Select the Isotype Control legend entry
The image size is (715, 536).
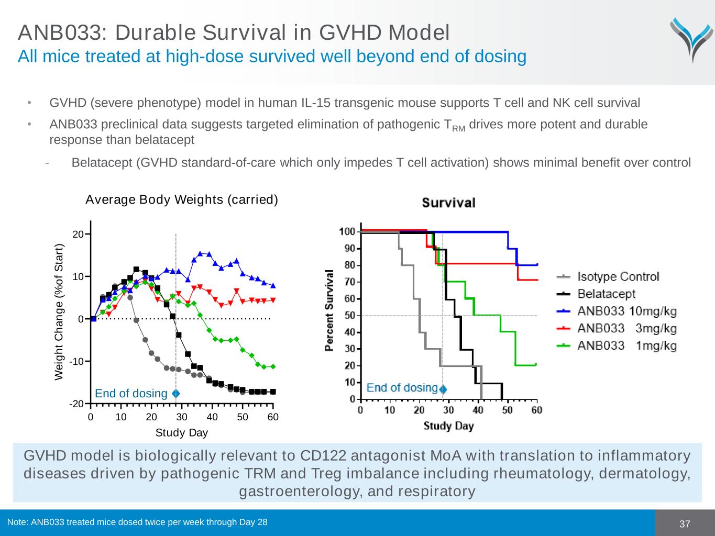pyautogui.click(x=618, y=277)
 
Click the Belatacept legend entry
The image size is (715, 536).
pyautogui.click(x=606, y=294)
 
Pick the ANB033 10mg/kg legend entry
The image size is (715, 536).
pyautogui.click(x=626, y=311)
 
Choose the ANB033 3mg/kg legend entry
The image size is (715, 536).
pyautogui.click(x=626, y=329)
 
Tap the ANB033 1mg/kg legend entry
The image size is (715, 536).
pyautogui.click(x=626, y=346)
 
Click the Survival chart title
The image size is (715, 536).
pyautogui.click(x=448, y=203)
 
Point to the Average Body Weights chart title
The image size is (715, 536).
pyautogui.click(x=181, y=199)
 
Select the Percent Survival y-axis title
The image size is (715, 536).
pyautogui.click(x=329, y=310)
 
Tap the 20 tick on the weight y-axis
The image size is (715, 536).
pyautogui.click(x=78, y=234)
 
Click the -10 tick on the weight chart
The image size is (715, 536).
pyautogui.click(x=76, y=362)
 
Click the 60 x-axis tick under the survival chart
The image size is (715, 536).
pyautogui.click(x=537, y=410)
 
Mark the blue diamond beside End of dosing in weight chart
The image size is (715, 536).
pyautogui.click(x=175, y=393)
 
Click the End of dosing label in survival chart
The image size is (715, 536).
pyautogui.click(x=402, y=387)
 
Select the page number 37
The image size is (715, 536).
pyautogui.click(x=685, y=524)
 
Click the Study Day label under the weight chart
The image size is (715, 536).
pyautogui.click(x=181, y=432)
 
